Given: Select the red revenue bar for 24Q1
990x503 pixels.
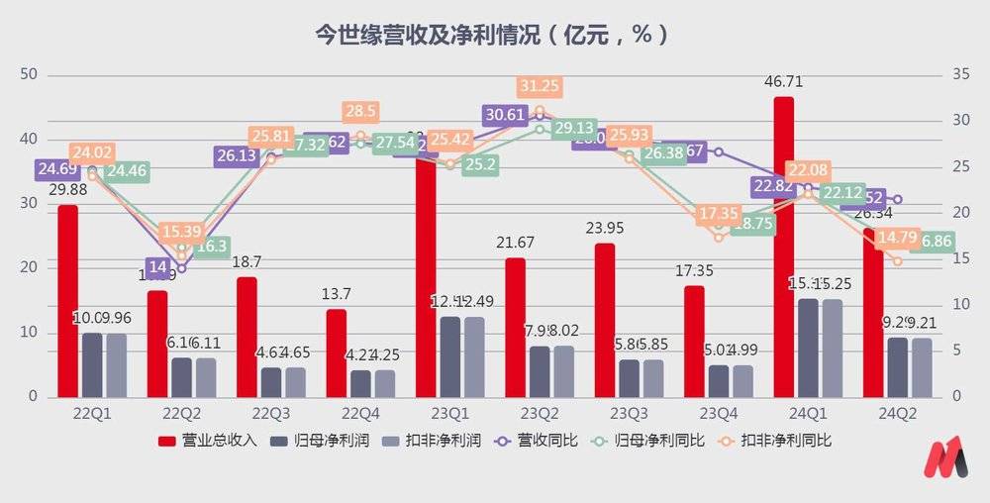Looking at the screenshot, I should click(x=783, y=248).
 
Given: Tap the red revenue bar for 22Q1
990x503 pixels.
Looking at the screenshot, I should click(x=67, y=301).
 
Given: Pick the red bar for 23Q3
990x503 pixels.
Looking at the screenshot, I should click(x=605, y=320).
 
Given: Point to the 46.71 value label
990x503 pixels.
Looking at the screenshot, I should click(x=783, y=81).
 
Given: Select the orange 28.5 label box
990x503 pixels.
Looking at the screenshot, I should click(x=359, y=112).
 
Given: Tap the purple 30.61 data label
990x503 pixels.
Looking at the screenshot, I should click(x=506, y=115).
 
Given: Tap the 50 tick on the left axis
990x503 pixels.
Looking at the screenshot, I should click(x=29, y=74).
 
